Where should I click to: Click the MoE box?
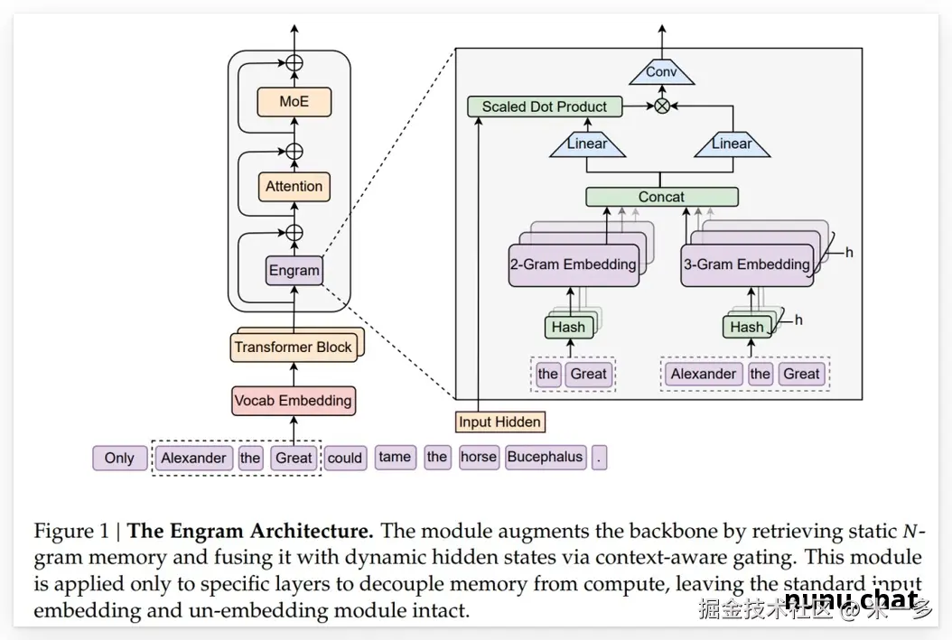tap(294, 102)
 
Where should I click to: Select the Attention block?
tap(294, 187)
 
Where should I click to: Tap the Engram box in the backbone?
tap(294, 270)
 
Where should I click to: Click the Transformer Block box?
tap(293, 348)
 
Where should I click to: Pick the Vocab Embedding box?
tap(293, 401)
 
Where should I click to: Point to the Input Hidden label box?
tap(499, 422)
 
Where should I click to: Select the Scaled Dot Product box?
tap(545, 107)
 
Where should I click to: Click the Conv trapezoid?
tap(661, 72)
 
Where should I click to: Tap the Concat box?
tap(661, 197)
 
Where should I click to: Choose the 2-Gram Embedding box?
tap(573, 265)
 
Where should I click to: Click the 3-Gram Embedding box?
tap(746, 265)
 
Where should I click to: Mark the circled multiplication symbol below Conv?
tap(662, 107)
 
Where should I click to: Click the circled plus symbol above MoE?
tap(294, 63)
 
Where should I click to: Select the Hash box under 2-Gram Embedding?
tap(568, 327)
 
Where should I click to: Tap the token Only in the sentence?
tap(119, 458)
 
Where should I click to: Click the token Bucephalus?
tap(545, 457)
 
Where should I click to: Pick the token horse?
tap(479, 457)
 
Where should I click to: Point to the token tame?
tap(395, 457)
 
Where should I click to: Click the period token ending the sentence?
tap(600, 458)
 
